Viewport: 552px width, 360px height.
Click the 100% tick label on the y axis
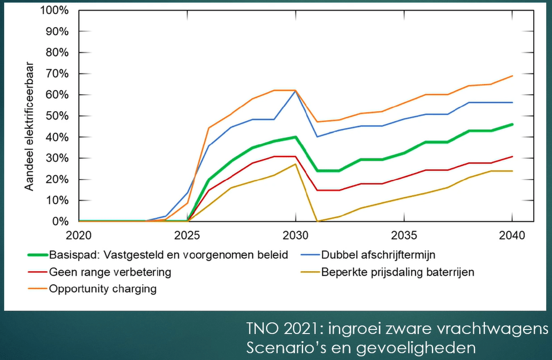pyautogui.click(x=55, y=11)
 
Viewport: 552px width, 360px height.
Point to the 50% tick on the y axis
pyautogui.click(x=57, y=116)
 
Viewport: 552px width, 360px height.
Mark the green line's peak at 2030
pyautogui.click(x=295, y=137)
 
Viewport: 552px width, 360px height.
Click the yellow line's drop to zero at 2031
pyautogui.click(x=317, y=221)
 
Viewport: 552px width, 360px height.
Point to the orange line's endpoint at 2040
pyautogui.click(x=512, y=76)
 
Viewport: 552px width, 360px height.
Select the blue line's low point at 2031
pyautogui.click(x=317, y=136)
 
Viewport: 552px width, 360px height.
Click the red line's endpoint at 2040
pyautogui.click(x=512, y=156)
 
